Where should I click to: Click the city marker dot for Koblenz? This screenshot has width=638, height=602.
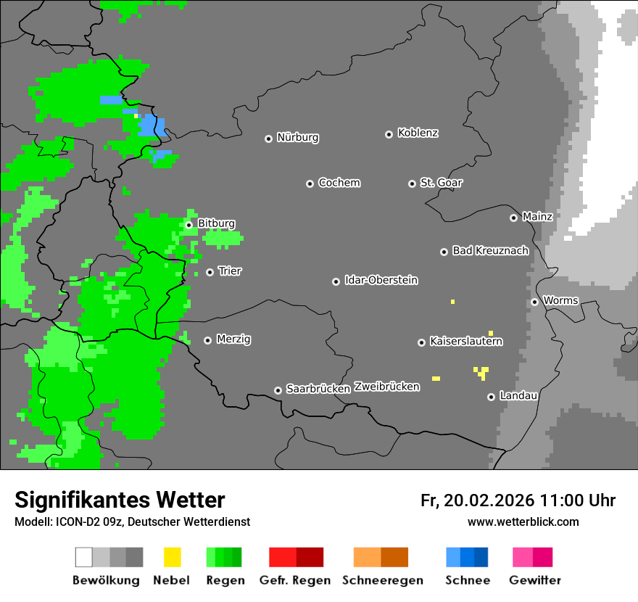389,134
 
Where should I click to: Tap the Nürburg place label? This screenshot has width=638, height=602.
297,137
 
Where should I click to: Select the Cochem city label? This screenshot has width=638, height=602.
339,183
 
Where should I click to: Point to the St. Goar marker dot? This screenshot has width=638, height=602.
412,184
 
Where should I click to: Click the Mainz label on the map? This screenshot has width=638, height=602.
537,216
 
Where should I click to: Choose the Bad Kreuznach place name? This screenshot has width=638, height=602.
490,250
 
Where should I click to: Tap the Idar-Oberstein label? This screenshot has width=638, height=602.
381,280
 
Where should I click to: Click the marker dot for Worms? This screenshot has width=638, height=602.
534,302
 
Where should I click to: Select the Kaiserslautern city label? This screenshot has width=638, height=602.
465,341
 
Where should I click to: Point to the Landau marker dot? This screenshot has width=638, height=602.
491,397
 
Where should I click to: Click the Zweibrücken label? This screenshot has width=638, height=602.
386,387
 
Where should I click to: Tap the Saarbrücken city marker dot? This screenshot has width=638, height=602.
278,390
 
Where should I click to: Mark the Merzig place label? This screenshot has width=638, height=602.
233,339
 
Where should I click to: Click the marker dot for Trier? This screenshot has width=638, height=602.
210,272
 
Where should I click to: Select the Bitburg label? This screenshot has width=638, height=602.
216,223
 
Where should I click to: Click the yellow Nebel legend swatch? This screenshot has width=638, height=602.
172,557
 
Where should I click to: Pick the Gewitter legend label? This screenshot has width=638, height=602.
534,580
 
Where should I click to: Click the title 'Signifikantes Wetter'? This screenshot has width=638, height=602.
120,500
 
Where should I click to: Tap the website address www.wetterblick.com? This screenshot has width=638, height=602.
523,521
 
